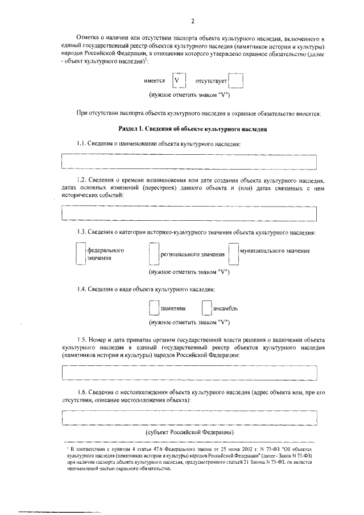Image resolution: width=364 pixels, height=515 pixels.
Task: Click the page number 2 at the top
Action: tap(193, 22)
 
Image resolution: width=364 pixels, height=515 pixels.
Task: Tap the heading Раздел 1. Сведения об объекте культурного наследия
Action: tap(192, 129)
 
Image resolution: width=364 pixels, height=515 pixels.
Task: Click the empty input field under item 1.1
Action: tap(189, 162)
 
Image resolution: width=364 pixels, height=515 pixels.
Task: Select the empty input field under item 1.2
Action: tap(189, 213)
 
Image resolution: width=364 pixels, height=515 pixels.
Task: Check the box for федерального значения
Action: tap(80, 254)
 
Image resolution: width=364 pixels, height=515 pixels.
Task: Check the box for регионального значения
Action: tap(153, 254)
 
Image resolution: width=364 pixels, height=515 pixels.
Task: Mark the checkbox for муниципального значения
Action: tap(233, 254)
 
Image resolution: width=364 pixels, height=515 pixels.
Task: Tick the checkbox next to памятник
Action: tap(153, 308)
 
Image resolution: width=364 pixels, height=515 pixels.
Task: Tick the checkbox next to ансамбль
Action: tap(206, 308)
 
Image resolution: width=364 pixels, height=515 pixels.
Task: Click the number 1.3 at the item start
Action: tap(81, 232)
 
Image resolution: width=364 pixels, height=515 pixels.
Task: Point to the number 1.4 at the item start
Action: tap(81, 290)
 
